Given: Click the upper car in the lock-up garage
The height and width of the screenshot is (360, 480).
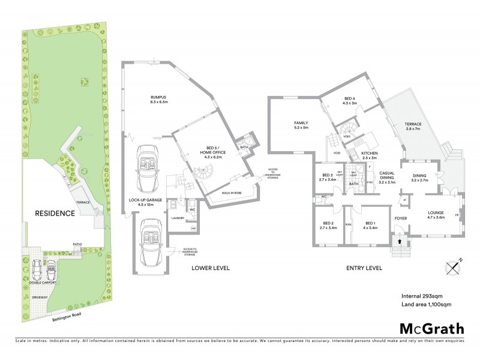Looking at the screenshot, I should tap(147, 167).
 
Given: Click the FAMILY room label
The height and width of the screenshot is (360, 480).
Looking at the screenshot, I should tap(301, 124).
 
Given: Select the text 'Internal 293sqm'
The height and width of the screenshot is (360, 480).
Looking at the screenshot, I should tap(421, 296).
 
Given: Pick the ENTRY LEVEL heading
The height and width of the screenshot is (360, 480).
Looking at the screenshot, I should tap(365, 268).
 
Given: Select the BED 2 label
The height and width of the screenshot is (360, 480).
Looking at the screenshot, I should tap(326, 225).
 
